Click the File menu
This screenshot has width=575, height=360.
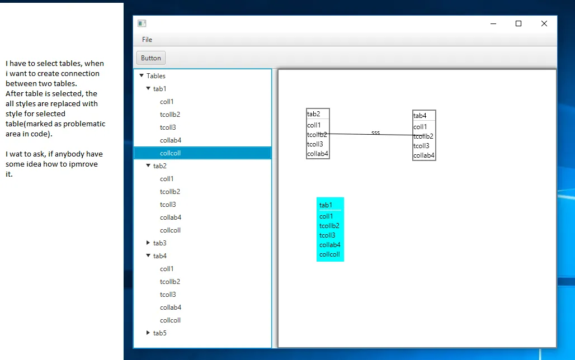click(147, 40)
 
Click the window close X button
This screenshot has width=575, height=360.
click(544, 23)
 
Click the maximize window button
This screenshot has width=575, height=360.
click(519, 23)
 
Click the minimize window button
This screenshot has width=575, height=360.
click(493, 23)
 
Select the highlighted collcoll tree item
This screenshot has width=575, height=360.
click(170, 153)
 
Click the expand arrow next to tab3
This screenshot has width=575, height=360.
click(148, 243)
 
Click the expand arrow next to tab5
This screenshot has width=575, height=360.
click(148, 333)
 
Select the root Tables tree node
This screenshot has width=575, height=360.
click(156, 76)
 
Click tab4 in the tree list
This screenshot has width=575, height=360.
click(160, 256)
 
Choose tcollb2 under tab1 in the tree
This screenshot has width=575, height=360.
click(170, 115)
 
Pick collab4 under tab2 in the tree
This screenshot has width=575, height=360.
click(171, 217)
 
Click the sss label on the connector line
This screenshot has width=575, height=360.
click(375, 132)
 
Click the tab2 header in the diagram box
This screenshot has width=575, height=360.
click(314, 114)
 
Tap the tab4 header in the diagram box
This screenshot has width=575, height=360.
click(420, 116)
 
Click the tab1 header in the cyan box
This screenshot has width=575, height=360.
click(326, 205)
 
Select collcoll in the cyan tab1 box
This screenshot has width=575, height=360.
click(329, 254)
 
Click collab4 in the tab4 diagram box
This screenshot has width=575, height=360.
click(423, 155)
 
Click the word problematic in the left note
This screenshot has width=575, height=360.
click(88, 124)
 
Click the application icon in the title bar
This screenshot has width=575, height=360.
click(142, 23)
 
